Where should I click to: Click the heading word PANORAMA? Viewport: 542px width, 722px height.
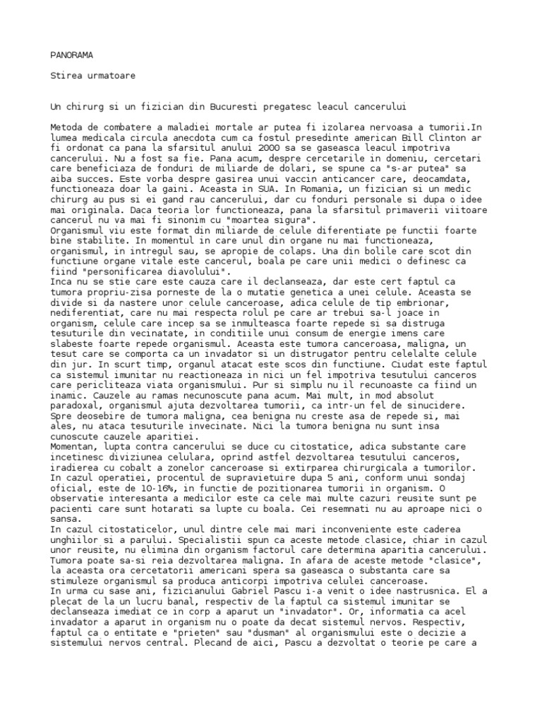pyautogui.click(x=72, y=54)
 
